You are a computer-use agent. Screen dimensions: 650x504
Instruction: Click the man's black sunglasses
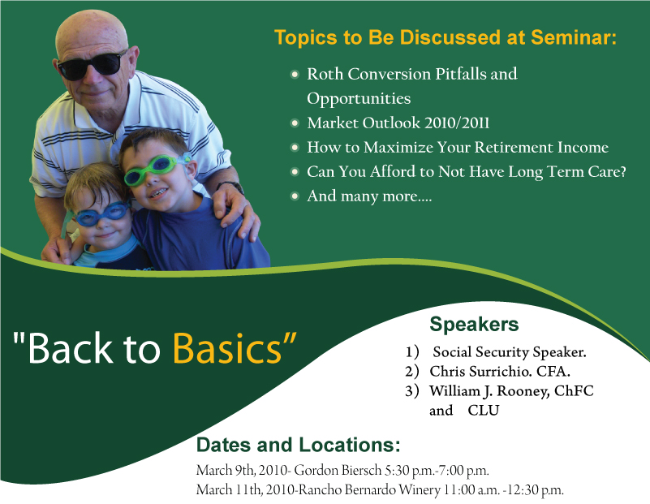click(x=92, y=65)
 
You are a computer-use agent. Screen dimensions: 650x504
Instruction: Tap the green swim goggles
click(x=157, y=168)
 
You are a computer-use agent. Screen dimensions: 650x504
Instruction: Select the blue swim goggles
click(x=101, y=214)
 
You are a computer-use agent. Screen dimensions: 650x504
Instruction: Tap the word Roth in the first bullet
click(x=325, y=74)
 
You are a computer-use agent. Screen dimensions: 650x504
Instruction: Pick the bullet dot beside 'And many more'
click(x=295, y=196)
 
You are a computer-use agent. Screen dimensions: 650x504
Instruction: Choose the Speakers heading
click(x=474, y=324)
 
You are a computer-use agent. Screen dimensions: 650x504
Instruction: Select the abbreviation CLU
click(x=484, y=411)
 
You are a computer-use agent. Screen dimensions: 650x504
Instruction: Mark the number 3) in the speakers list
click(x=412, y=391)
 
